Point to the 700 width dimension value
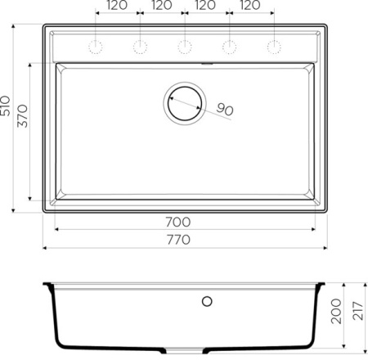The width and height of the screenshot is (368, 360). pos(177,222)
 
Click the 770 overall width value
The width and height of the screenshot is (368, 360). pos(177,240)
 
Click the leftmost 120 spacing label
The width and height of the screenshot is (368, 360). pos(117,7)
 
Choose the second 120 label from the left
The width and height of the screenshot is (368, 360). pos(162,7)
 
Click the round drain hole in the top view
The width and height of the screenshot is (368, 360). pos(184,102)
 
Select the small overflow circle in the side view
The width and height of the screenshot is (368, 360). pos(208,300)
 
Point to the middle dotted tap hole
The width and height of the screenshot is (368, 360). pos(185,43)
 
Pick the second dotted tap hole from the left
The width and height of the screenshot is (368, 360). pos(140,43)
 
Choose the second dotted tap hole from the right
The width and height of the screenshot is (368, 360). pos(229,43)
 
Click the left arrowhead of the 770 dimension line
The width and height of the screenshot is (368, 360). pos(46,248)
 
